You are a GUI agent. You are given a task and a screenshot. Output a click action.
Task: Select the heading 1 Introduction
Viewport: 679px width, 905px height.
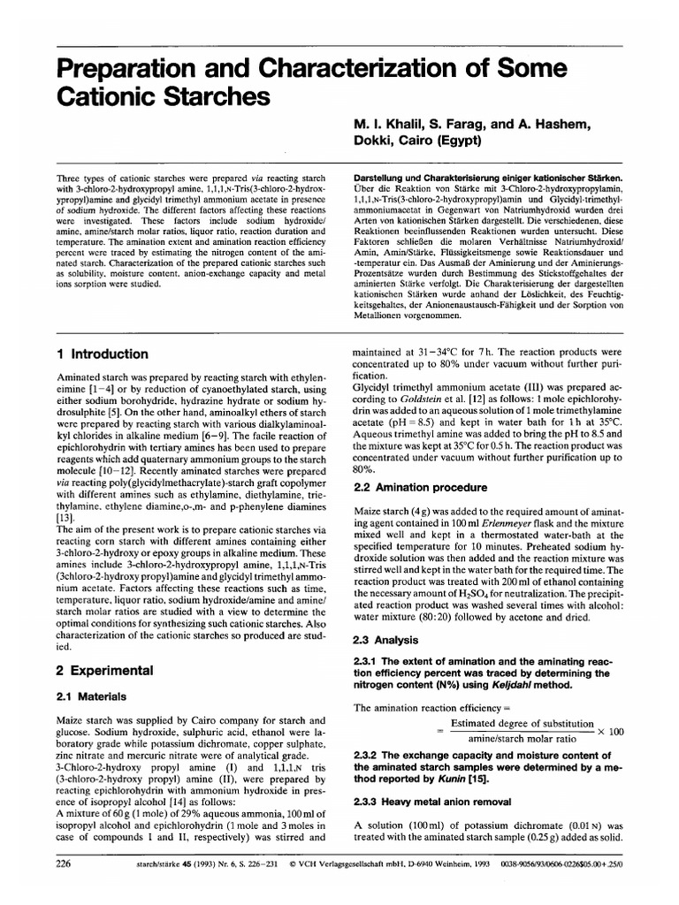point(102,354)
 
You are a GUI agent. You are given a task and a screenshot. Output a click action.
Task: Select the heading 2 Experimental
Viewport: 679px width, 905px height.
point(104,669)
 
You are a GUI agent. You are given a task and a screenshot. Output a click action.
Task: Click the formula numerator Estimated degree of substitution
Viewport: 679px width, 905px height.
point(521,722)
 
